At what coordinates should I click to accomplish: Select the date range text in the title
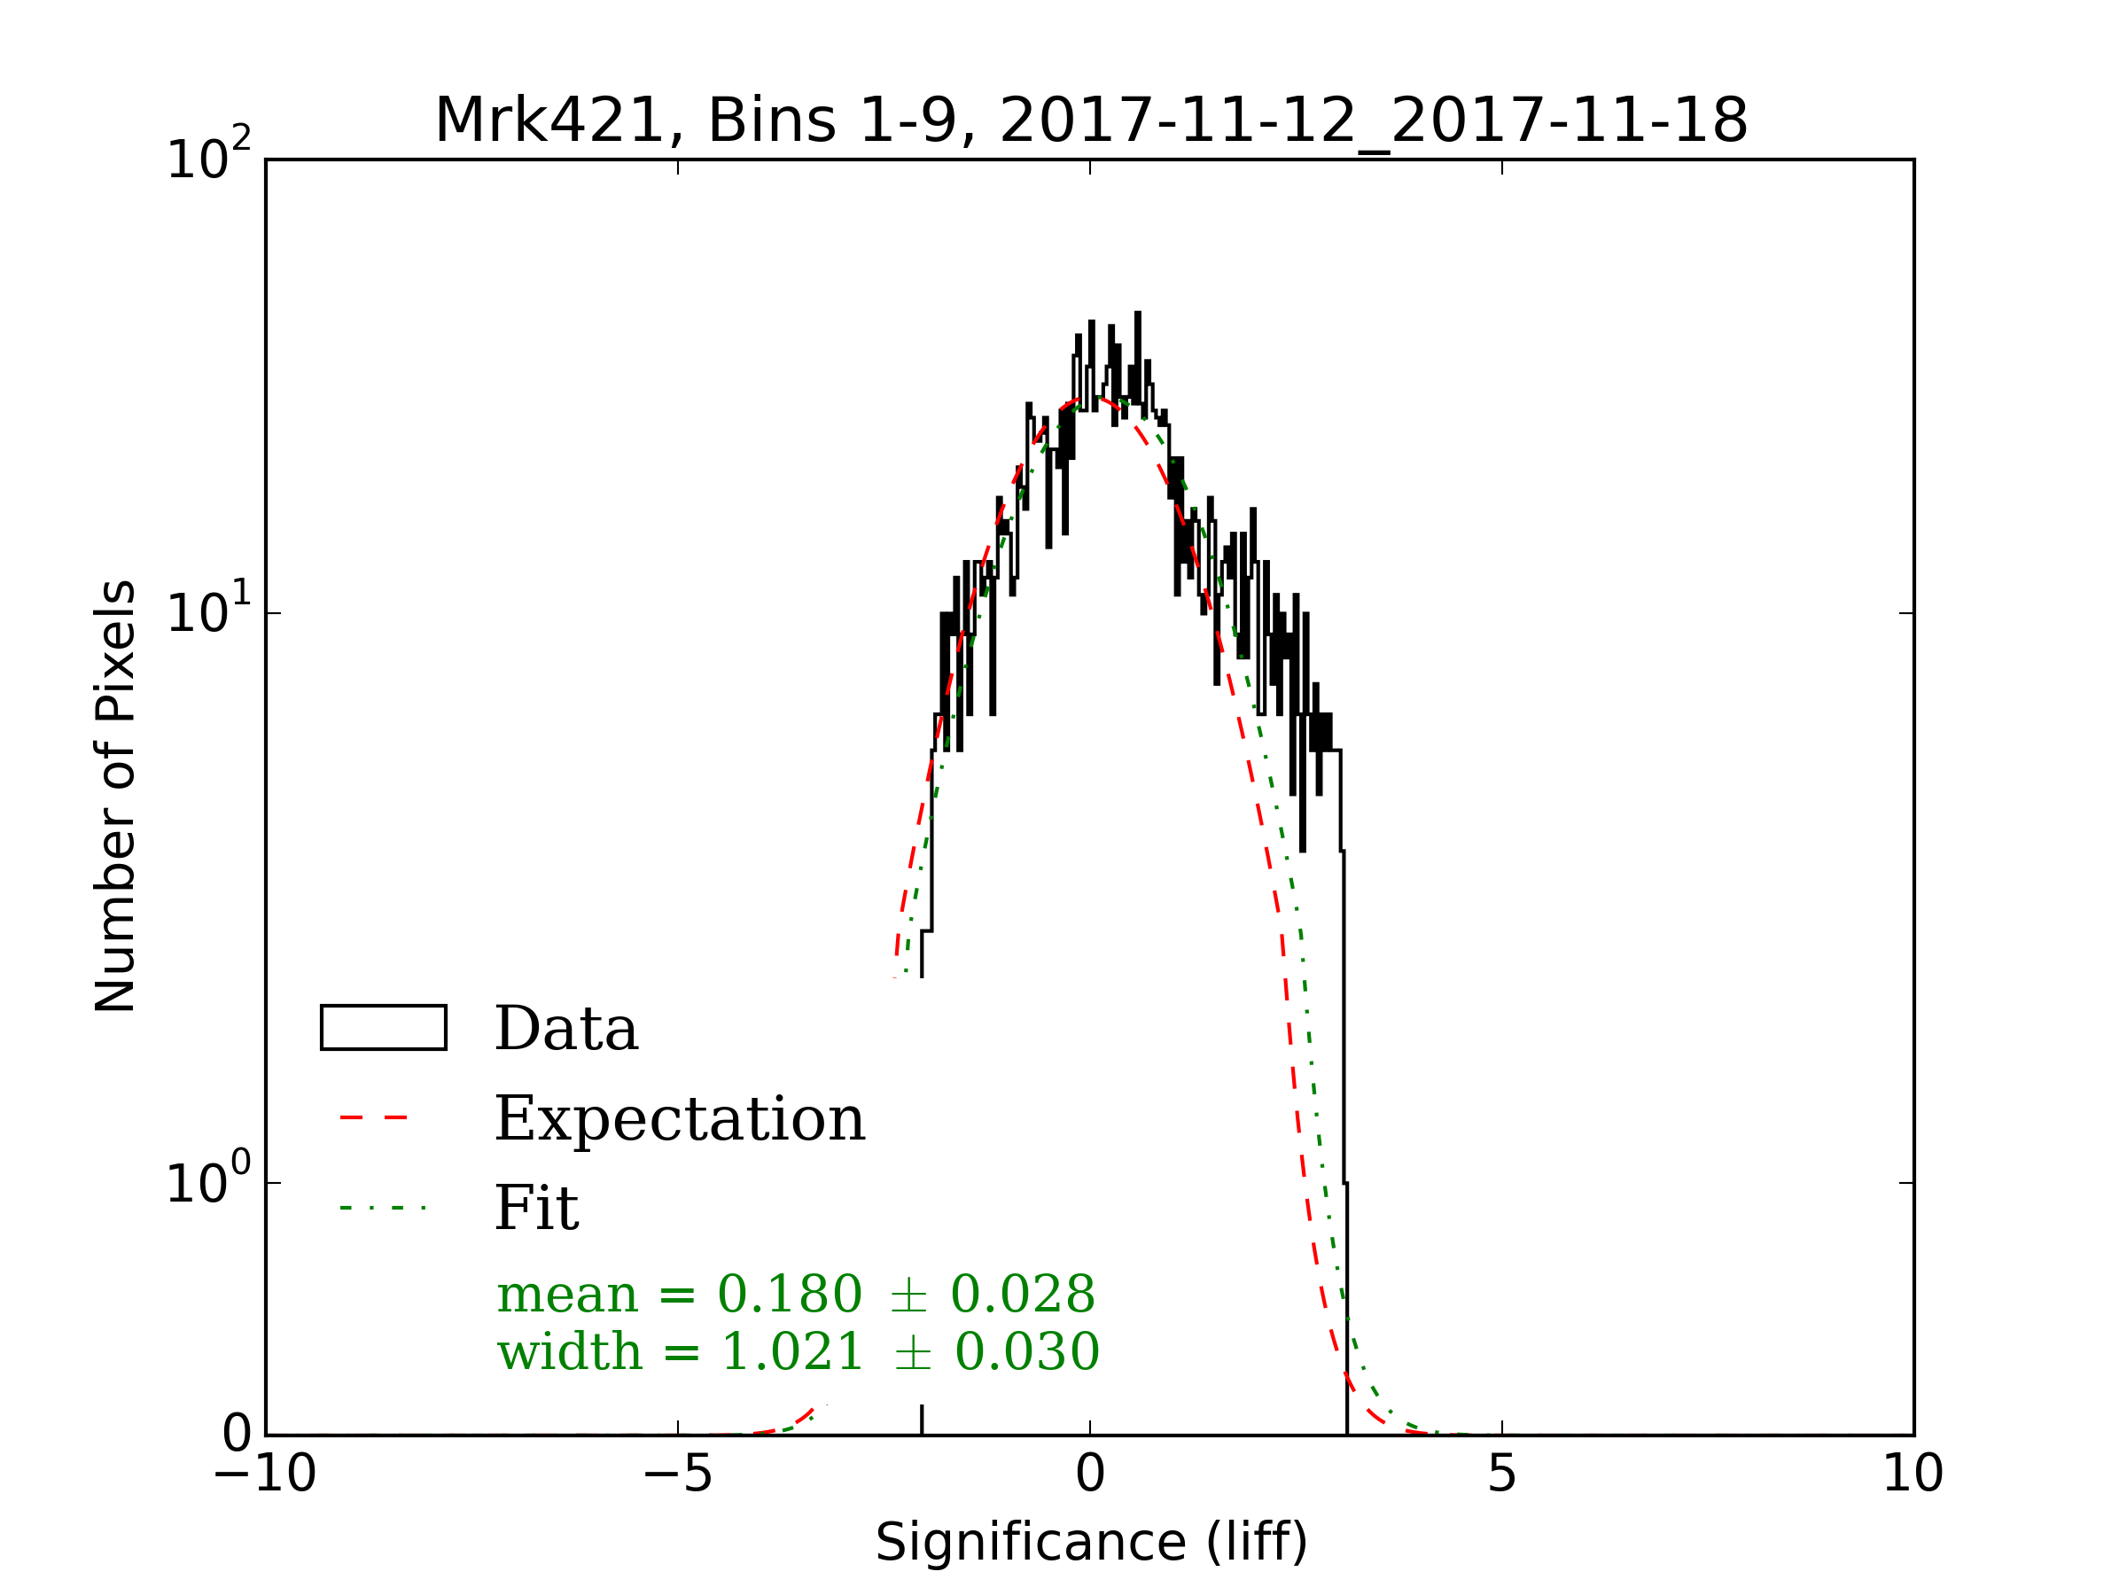click(1373, 121)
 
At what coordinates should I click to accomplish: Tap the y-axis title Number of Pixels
click(115, 796)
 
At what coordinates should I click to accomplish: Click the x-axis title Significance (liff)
click(1091, 1542)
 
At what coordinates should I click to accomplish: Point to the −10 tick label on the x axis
click(264, 1473)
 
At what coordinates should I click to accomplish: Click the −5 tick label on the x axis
click(677, 1473)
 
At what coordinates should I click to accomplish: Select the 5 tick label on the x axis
click(1502, 1473)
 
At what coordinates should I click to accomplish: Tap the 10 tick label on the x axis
click(1913, 1473)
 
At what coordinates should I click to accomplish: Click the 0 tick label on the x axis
click(1090, 1473)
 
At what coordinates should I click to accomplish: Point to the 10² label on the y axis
click(207, 156)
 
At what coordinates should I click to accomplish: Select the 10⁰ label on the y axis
click(207, 1180)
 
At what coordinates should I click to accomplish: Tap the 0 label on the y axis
click(237, 1434)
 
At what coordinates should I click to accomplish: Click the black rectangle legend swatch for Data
click(384, 1028)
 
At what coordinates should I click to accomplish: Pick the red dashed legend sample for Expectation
click(374, 1118)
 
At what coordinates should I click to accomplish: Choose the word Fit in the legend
click(535, 1208)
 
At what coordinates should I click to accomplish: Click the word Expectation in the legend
click(680, 1119)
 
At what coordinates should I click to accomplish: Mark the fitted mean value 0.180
click(790, 1294)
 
